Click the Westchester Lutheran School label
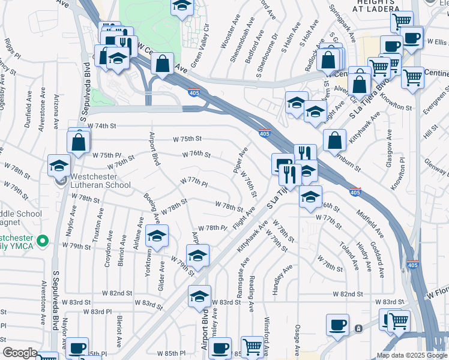tap(100, 181)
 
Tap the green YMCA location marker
tap(42, 241)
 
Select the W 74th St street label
tap(101, 126)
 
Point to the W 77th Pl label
tap(193, 181)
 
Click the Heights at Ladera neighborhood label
tap(376, 7)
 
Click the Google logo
tap(19, 353)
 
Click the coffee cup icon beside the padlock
tap(338, 325)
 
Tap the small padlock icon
tap(358, 328)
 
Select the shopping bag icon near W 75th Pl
tap(79, 142)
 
